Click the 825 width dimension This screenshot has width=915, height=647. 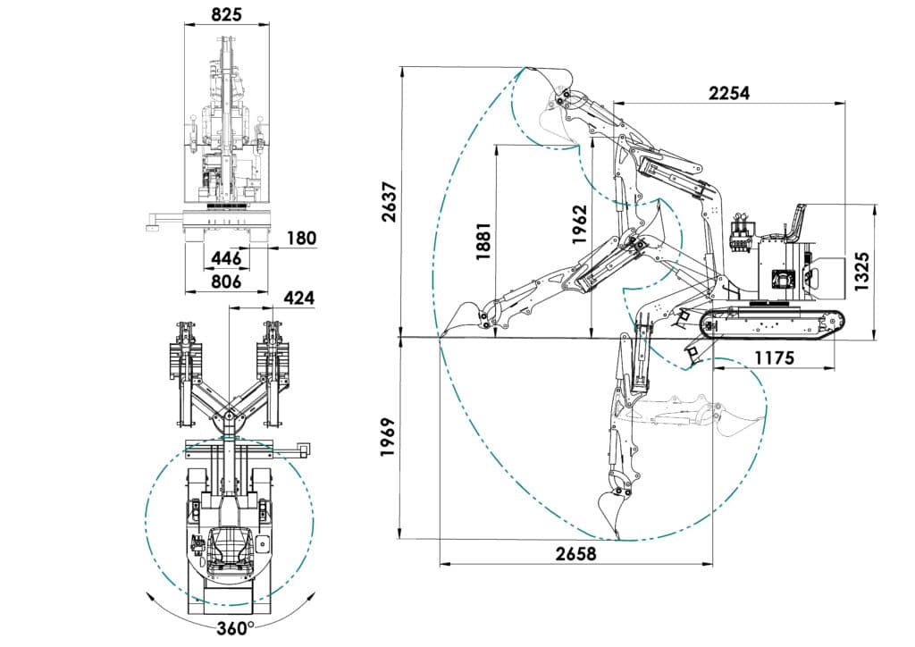(226, 14)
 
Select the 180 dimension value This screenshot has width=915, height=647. (302, 238)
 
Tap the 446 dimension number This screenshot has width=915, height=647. (226, 258)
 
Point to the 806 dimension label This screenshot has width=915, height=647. (226, 281)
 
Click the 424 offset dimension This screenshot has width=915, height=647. (298, 298)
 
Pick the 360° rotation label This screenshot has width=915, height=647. (235, 628)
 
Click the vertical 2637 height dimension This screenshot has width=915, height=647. (390, 202)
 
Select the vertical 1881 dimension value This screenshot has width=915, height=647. (483, 241)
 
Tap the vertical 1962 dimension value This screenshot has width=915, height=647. (579, 224)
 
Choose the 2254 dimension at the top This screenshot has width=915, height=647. (729, 93)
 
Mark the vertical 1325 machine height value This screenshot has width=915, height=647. (861, 272)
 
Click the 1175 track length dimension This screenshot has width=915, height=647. (775, 357)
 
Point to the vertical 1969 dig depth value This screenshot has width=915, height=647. (389, 437)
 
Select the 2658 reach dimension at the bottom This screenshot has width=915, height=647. (576, 553)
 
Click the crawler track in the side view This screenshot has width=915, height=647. (772, 323)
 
